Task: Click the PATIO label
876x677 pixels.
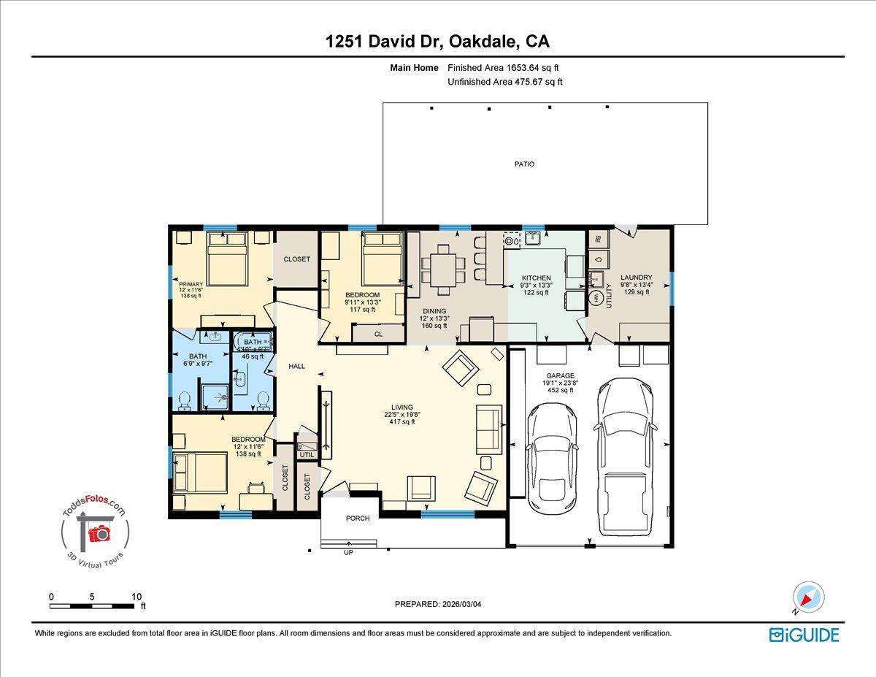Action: (x=524, y=164)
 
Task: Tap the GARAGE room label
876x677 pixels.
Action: (x=561, y=376)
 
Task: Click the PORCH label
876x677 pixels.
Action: (x=358, y=519)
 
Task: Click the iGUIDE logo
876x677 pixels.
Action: (x=804, y=635)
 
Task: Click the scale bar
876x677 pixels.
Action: (x=93, y=605)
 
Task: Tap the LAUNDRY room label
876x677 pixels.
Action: (x=636, y=278)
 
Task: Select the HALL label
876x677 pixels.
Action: (x=296, y=367)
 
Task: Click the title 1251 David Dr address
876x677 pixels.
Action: (x=437, y=42)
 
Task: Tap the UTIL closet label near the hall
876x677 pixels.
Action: (x=306, y=454)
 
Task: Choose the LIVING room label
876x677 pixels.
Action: (x=401, y=408)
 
